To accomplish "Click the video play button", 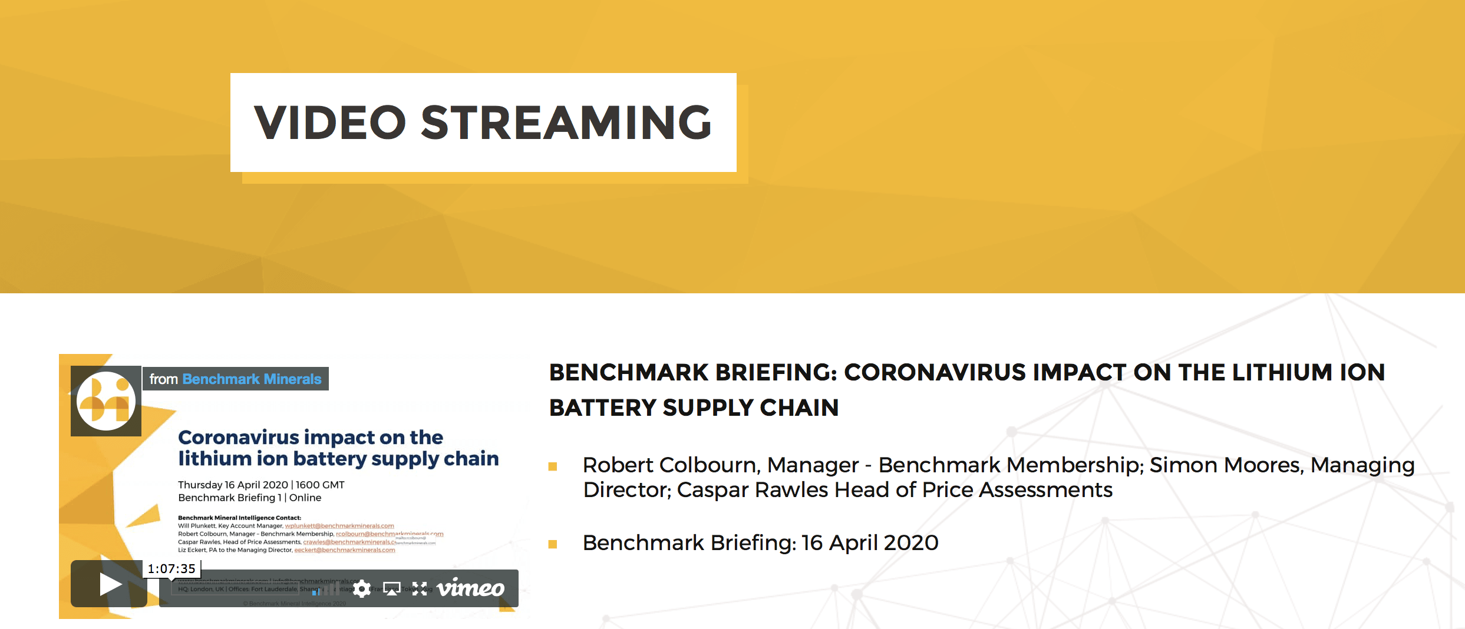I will [x=109, y=584].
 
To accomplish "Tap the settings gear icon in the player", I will [x=362, y=588].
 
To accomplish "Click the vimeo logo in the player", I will [x=470, y=588].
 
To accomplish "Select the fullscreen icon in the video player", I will [x=420, y=588].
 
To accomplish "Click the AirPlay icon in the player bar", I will [x=392, y=588].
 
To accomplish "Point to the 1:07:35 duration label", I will [x=171, y=568].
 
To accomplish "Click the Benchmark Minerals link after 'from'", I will [x=252, y=379].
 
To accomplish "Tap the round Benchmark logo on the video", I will [x=106, y=400].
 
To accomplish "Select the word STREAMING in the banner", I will [x=566, y=123].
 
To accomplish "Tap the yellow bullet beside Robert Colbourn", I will [x=553, y=466].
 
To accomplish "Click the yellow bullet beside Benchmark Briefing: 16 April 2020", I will [x=553, y=544].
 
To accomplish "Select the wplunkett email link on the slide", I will [x=339, y=526].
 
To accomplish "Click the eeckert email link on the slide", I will [x=345, y=550].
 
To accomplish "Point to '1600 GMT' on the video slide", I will [x=320, y=485].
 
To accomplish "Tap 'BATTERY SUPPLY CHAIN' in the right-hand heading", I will [x=694, y=408].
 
